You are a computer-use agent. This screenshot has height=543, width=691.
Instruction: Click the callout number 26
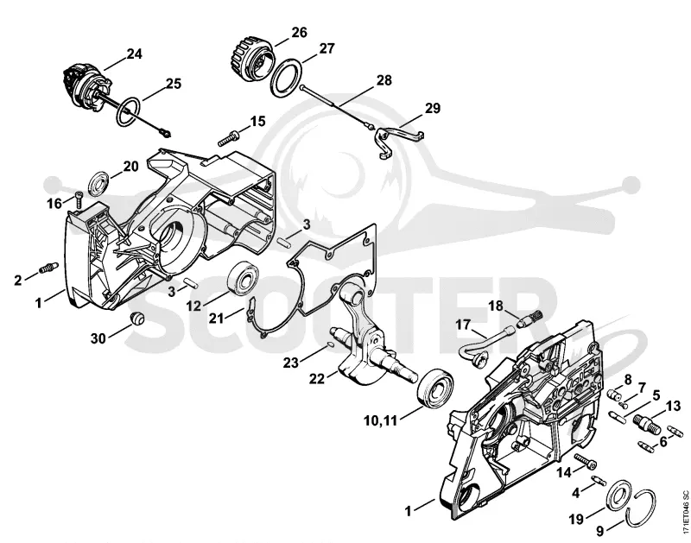[299, 32]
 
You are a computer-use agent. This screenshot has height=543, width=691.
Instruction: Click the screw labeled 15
[229, 137]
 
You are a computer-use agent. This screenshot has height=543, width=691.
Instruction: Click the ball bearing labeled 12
[243, 278]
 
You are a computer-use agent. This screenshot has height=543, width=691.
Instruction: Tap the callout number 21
[217, 318]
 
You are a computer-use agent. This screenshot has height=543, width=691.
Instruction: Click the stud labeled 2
[49, 268]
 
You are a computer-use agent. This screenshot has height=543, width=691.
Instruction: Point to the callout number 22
[317, 378]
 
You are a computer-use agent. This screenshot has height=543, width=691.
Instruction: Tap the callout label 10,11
[381, 420]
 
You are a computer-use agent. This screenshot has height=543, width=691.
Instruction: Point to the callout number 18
[496, 306]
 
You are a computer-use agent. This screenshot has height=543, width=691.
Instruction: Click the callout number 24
[135, 54]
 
